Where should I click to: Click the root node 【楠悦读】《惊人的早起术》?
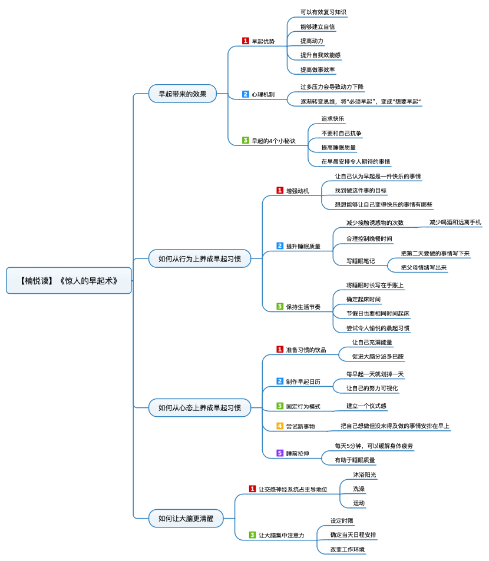(69, 280)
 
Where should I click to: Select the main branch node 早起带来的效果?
(183, 94)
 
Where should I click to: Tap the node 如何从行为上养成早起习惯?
(199, 258)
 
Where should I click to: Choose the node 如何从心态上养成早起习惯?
(199, 407)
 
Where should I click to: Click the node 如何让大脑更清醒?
(186, 518)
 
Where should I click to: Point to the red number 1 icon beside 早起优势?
(245, 41)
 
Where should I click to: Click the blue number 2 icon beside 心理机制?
(245, 94)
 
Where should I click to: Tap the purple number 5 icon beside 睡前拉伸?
(280, 453)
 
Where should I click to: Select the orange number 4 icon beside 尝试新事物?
(280, 426)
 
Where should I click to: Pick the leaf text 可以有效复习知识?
(323, 12)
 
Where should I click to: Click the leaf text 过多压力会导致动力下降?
(332, 87)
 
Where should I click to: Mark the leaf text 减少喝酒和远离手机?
(455, 222)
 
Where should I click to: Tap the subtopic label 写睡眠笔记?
(361, 261)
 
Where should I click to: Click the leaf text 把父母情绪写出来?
(424, 267)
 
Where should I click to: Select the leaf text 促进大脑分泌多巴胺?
(378, 356)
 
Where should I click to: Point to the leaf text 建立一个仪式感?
(366, 406)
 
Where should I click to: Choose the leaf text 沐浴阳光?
(365, 475)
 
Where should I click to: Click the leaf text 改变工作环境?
(347, 549)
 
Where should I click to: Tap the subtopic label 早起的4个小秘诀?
(273, 141)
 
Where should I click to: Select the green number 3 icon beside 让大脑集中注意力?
(252, 535)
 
